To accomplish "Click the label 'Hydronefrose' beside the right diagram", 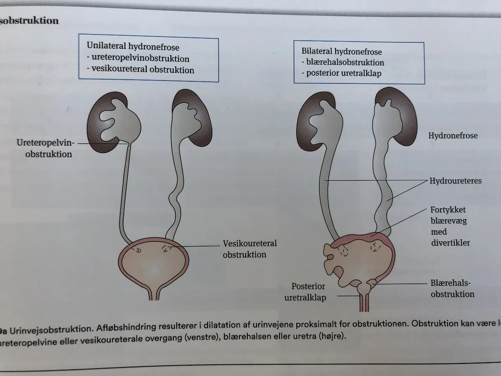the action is [453, 136].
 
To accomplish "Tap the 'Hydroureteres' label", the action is [455, 181].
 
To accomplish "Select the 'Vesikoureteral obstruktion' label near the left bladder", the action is [249, 249].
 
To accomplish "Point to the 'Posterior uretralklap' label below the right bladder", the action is [305, 292].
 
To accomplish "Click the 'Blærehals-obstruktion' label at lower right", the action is [452, 289].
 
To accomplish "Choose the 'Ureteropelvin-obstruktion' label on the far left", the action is [45, 148].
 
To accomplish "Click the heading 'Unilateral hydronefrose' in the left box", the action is [133, 46].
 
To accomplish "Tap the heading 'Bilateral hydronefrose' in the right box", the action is [341, 51].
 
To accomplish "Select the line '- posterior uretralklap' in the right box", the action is [341, 73].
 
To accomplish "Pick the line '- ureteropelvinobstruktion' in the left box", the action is [138, 58].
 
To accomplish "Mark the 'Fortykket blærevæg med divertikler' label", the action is [450, 226].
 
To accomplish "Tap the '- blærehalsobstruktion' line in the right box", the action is [343, 62].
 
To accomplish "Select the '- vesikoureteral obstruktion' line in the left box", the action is [140, 69].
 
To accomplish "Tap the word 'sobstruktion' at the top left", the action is [29, 21].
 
